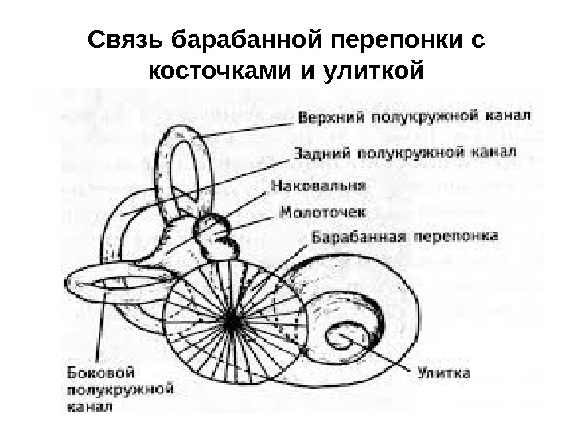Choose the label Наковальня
click(x=319, y=186)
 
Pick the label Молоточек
click(x=323, y=212)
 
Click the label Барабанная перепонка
click(x=404, y=237)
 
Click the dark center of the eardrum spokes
click(x=232, y=320)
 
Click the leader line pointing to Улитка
click(x=382, y=356)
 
